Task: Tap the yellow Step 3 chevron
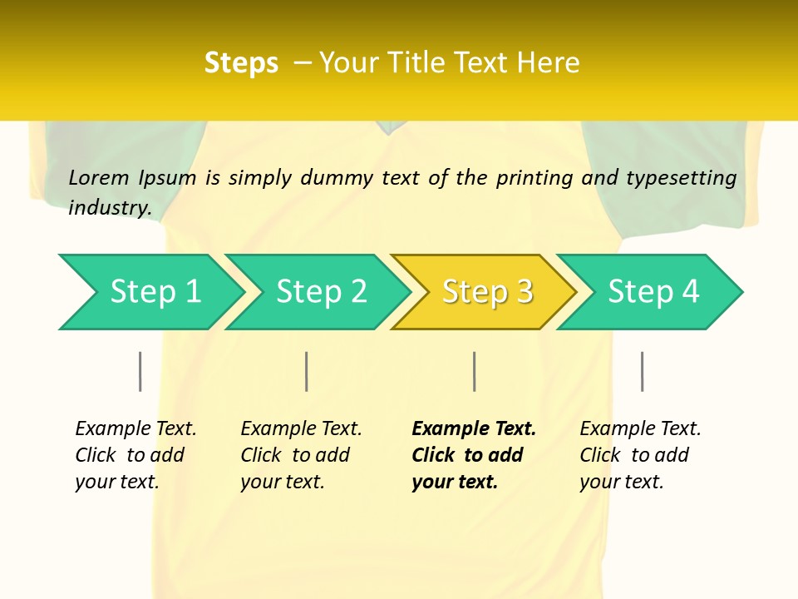[487, 292]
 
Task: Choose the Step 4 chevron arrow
[653, 292]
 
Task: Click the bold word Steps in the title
[241, 63]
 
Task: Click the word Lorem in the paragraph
[99, 177]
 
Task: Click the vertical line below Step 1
[140, 371]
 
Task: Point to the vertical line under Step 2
[307, 371]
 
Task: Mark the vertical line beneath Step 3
[474, 371]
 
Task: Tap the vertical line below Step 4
[642, 371]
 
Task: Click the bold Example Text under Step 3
[474, 455]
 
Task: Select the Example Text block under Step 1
[135, 455]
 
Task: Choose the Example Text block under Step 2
[301, 455]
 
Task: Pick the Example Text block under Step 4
[640, 455]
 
